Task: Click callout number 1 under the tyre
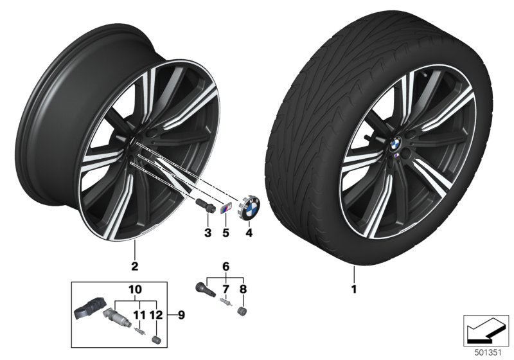point(352,289)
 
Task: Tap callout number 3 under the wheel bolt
point(208,232)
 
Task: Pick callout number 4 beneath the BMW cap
point(249,232)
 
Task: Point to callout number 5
point(226,232)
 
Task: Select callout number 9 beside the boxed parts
point(181,315)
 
